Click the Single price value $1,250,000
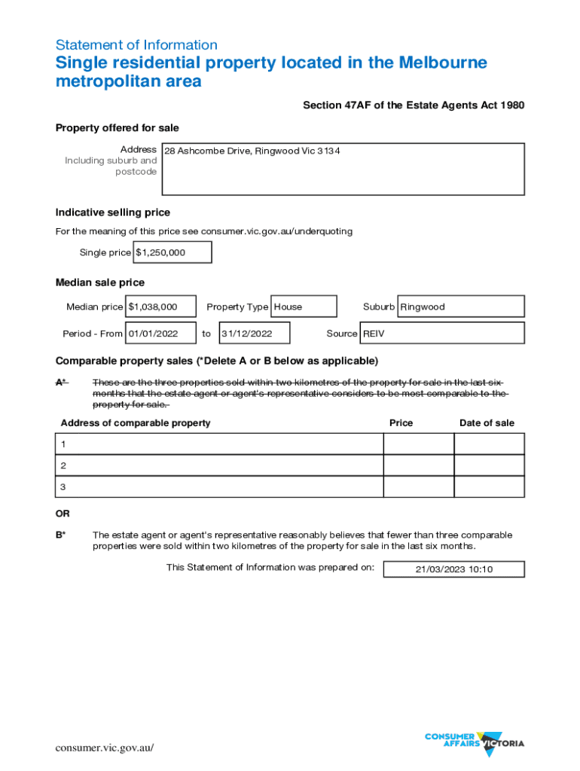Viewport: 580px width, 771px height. (x=172, y=253)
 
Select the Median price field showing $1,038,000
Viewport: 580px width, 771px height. (x=161, y=306)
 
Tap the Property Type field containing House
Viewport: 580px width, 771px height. (x=303, y=306)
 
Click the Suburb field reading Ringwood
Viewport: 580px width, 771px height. (x=460, y=306)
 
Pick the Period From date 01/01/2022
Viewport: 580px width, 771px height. (x=161, y=333)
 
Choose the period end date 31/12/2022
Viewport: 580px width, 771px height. (x=254, y=333)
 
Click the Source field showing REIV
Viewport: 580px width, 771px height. (x=442, y=333)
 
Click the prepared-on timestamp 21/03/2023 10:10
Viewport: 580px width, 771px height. (x=453, y=569)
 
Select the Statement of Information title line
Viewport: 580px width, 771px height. (x=136, y=44)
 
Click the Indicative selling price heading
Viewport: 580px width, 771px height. (x=113, y=212)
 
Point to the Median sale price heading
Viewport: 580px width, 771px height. (x=100, y=282)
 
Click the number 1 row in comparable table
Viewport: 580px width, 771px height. (x=219, y=444)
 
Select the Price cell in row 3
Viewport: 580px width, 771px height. (x=418, y=487)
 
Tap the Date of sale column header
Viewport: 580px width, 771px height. (x=487, y=423)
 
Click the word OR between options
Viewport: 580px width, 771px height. (x=63, y=513)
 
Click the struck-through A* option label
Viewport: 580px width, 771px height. (x=61, y=382)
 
